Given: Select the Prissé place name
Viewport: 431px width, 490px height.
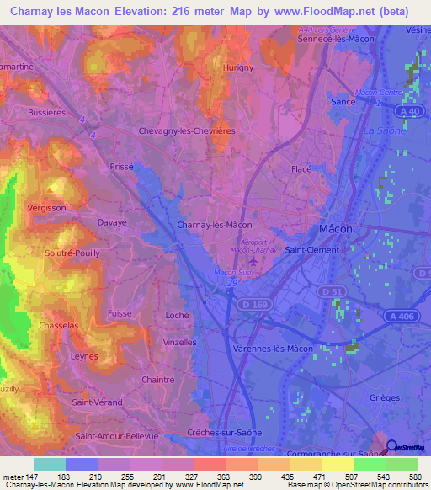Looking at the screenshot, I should (x=122, y=167).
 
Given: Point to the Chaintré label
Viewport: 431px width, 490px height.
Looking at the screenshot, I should (x=159, y=380).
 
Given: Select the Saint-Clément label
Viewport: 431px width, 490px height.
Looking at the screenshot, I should (x=311, y=249).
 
